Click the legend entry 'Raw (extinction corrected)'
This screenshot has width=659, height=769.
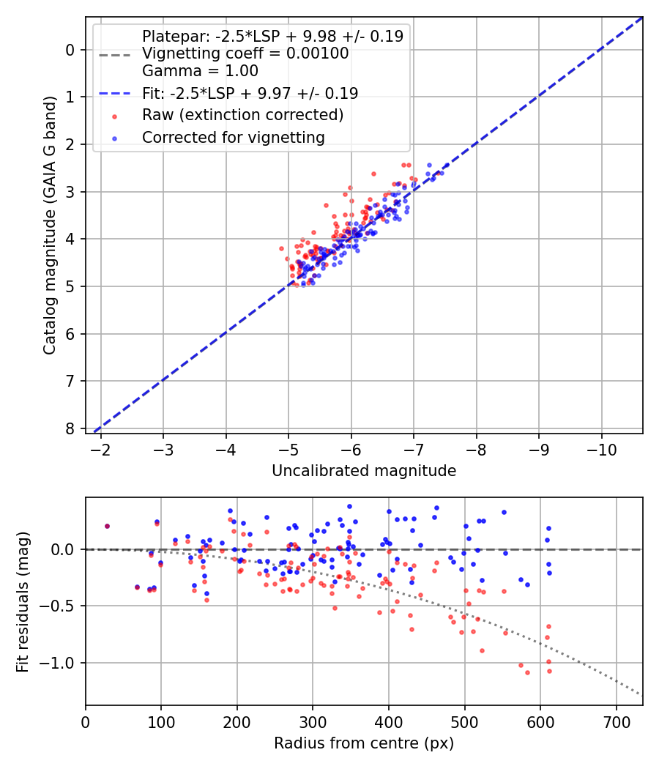coord(242,115)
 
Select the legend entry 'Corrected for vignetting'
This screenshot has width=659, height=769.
coord(233,137)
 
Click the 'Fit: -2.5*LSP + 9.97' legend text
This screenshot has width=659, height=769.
coord(250,93)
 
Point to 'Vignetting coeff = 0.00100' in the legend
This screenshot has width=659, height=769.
coord(245,53)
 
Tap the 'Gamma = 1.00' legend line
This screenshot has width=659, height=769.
coord(200,71)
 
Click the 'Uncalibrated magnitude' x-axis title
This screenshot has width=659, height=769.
coord(364,471)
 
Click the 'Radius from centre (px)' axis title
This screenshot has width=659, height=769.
coord(364,743)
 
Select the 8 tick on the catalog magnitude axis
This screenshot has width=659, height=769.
coord(70,428)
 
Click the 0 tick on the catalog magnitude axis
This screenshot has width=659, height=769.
coord(70,50)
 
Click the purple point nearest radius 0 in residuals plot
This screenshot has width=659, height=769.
coord(107,526)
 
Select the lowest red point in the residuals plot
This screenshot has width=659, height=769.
coord(527,672)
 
